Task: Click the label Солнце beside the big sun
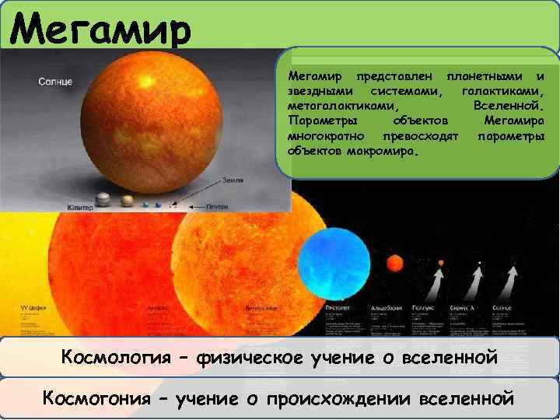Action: (56, 82)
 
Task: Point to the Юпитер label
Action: (80, 208)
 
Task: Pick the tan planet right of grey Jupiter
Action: (128, 201)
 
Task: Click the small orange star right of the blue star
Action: (395, 262)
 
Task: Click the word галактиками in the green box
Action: (502, 91)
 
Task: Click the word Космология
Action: (116, 358)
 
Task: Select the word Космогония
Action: (103, 398)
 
